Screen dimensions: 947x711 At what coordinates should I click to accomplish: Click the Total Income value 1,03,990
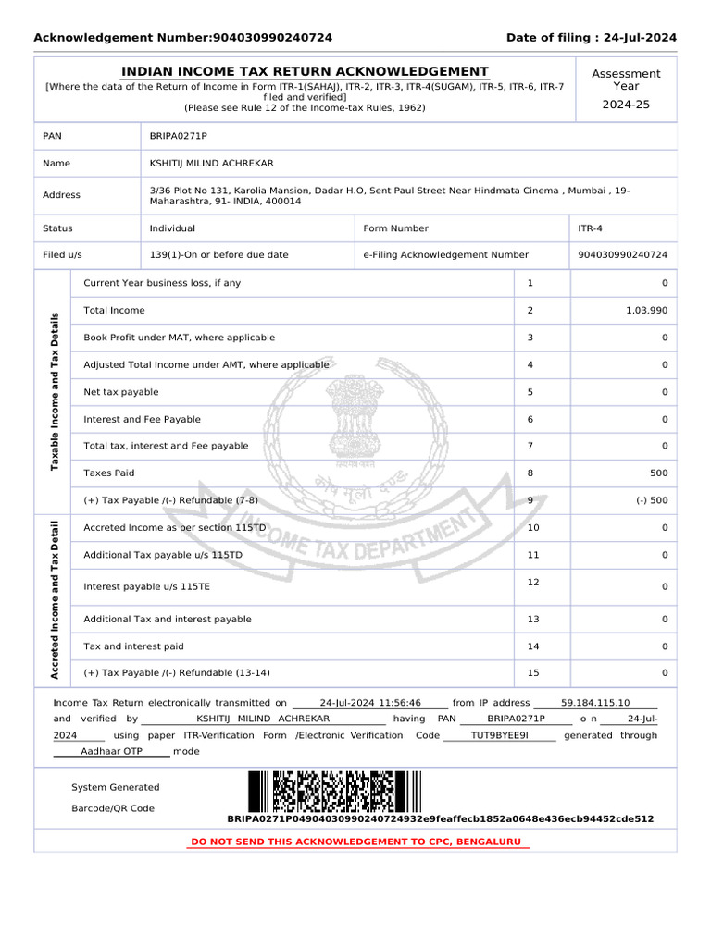click(646, 311)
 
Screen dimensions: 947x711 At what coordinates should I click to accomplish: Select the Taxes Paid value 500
click(656, 473)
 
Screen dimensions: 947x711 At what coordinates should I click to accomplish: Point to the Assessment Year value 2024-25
click(626, 105)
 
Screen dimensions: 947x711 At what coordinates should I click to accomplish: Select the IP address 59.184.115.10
click(595, 703)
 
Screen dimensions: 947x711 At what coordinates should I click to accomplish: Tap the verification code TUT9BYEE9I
click(499, 735)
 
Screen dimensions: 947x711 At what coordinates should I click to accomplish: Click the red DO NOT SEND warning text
click(356, 842)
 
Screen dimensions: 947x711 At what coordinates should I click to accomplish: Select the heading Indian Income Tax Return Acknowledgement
click(305, 72)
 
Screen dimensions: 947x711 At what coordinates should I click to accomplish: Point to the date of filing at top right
click(591, 38)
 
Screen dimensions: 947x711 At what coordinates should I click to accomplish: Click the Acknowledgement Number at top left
click(182, 38)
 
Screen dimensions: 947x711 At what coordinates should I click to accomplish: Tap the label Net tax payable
click(121, 392)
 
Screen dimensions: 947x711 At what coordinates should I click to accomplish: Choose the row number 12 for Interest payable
click(532, 582)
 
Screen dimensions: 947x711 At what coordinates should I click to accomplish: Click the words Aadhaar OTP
click(111, 752)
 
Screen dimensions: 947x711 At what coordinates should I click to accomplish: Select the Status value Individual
click(172, 228)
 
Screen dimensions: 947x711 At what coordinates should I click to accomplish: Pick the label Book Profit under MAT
click(179, 338)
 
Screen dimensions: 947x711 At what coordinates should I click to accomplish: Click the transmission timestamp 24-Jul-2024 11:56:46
click(370, 703)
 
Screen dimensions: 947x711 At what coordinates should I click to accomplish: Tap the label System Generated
click(115, 788)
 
